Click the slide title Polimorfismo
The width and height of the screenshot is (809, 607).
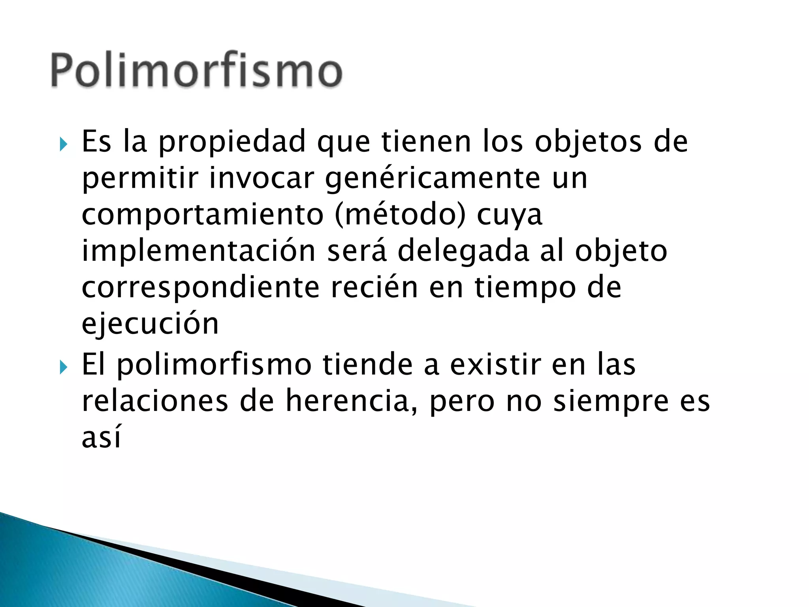[x=196, y=70]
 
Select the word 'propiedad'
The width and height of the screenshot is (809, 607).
[x=232, y=142]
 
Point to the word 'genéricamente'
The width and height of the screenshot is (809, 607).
[x=433, y=179]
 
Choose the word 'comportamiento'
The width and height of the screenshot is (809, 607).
[x=203, y=216]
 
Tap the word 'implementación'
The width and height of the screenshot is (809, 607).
[x=199, y=251]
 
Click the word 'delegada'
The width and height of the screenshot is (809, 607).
[x=463, y=252]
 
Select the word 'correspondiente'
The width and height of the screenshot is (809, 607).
[x=200, y=288]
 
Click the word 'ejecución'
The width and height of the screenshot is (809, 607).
[x=150, y=324]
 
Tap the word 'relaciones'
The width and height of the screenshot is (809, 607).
[x=155, y=401]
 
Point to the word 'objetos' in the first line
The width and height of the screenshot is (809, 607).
[x=588, y=142]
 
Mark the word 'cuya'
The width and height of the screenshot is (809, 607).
[x=510, y=216]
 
